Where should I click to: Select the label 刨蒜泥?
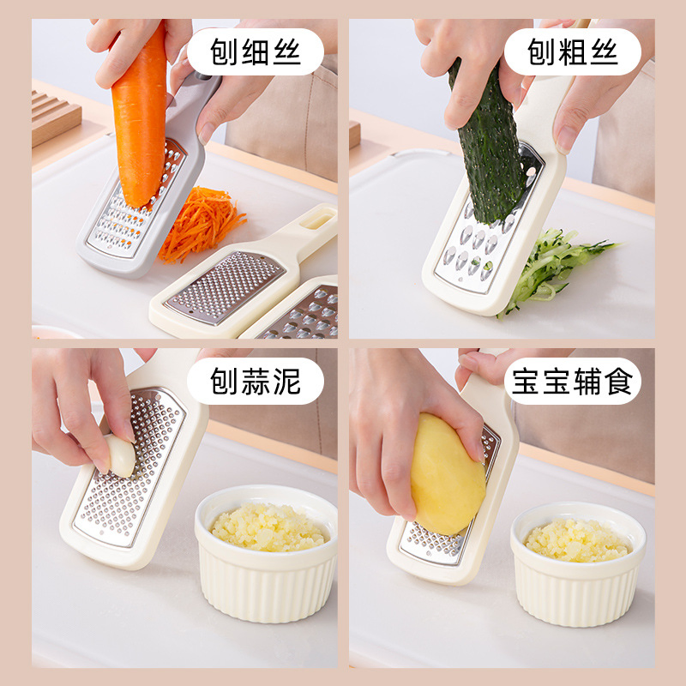(255, 381)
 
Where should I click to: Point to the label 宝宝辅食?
(572, 381)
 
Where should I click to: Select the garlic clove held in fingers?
(121, 454)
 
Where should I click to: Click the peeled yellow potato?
(447, 472)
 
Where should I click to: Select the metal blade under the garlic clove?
(129, 497)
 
